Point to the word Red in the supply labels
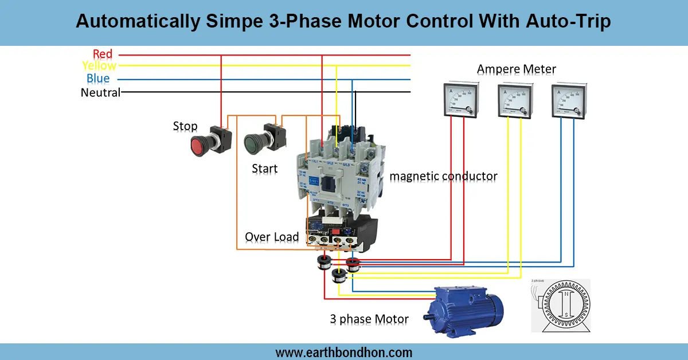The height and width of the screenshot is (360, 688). (x=103, y=54)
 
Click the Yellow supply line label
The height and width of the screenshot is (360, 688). (x=99, y=66)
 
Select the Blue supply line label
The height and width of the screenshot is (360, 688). (x=98, y=79)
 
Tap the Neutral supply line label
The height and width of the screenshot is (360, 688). (x=100, y=92)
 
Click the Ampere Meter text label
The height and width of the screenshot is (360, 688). (x=516, y=69)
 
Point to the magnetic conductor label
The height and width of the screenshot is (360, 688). (x=443, y=176)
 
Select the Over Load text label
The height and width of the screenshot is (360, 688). (x=272, y=237)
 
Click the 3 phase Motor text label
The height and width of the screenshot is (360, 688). (x=369, y=319)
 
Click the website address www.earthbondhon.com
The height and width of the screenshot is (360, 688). (x=344, y=352)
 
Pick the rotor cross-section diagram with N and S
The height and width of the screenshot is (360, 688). (x=560, y=306)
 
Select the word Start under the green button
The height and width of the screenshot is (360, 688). (x=265, y=169)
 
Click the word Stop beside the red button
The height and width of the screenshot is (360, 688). (x=185, y=126)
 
